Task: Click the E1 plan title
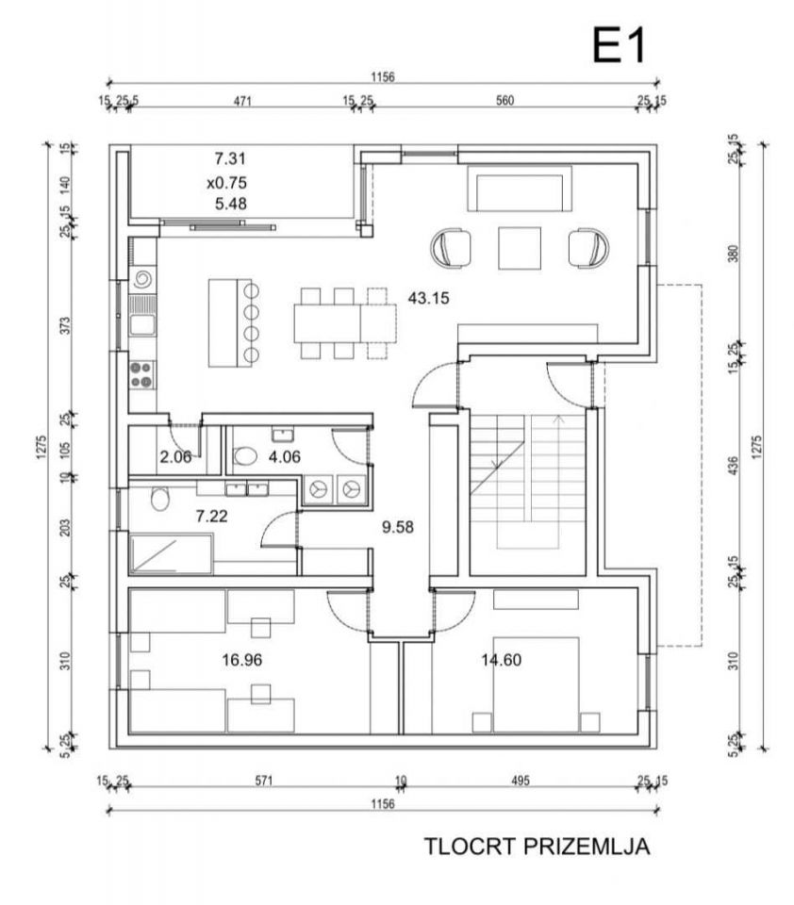(619, 45)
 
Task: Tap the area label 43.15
(428, 299)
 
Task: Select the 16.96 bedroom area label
(242, 659)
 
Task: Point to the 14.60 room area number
(502, 659)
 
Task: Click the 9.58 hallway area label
(398, 527)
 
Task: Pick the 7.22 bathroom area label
(211, 516)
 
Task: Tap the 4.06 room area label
(285, 457)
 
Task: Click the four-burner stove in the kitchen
(141, 374)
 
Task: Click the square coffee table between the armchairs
(520, 248)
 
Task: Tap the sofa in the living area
(520, 189)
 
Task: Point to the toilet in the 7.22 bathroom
(160, 499)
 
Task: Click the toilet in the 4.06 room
(245, 456)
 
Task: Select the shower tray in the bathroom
(171, 554)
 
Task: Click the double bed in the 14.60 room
(536, 684)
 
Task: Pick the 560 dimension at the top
(505, 101)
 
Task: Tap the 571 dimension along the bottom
(263, 781)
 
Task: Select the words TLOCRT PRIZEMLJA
(537, 847)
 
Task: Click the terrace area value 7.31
(230, 158)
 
